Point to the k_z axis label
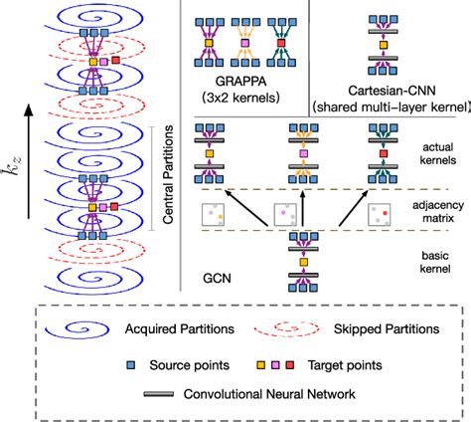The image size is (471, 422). pos(16,150)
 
